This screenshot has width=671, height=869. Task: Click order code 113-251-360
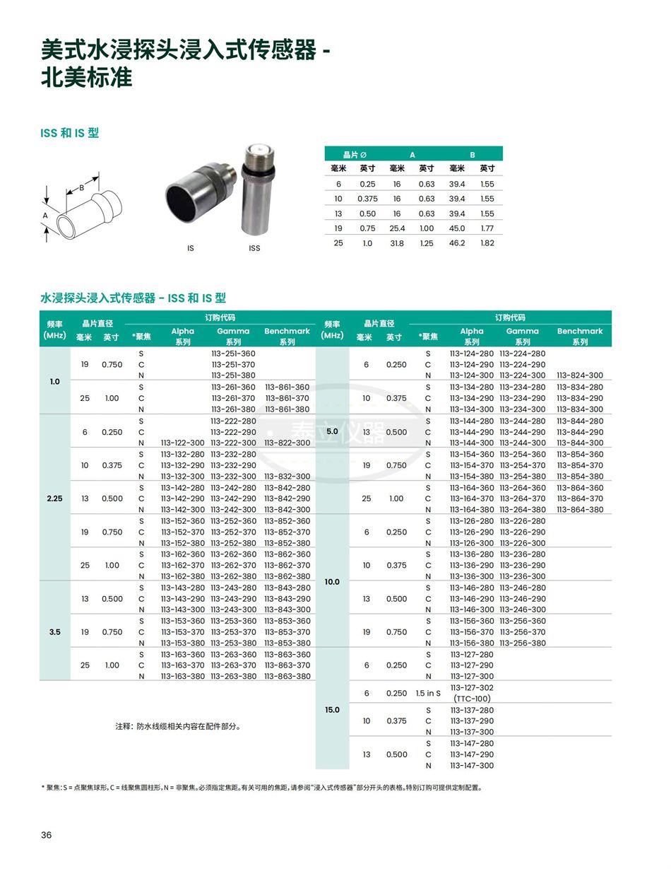pyautogui.click(x=233, y=353)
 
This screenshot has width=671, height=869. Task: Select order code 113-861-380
pyautogui.click(x=287, y=409)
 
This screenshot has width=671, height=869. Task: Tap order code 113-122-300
pyautogui.click(x=182, y=443)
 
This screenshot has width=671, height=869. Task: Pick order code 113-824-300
pyautogui.click(x=580, y=375)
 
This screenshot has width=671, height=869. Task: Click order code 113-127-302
pyautogui.click(x=472, y=687)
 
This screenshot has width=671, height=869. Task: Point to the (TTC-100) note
pyautogui.click(x=472, y=699)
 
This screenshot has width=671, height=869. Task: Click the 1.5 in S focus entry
pyautogui.click(x=428, y=693)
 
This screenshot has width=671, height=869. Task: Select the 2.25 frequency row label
pyautogui.click(x=54, y=498)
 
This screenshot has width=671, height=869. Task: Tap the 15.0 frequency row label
pyautogui.click(x=332, y=709)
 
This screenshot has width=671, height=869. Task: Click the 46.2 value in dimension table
pyautogui.click(x=457, y=243)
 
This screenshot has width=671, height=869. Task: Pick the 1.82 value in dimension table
pyautogui.click(x=487, y=243)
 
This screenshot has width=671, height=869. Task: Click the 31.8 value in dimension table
pyautogui.click(x=397, y=243)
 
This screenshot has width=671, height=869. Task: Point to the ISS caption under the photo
pyautogui.click(x=254, y=248)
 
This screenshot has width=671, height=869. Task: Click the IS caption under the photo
pyautogui.click(x=190, y=248)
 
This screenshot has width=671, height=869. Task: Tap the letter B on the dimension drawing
pyautogui.click(x=82, y=188)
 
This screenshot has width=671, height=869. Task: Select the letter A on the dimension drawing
pyautogui.click(x=45, y=215)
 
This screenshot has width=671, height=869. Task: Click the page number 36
pyautogui.click(x=47, y=835)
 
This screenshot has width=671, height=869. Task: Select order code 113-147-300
pyautogui.click(x=472, y=765)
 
